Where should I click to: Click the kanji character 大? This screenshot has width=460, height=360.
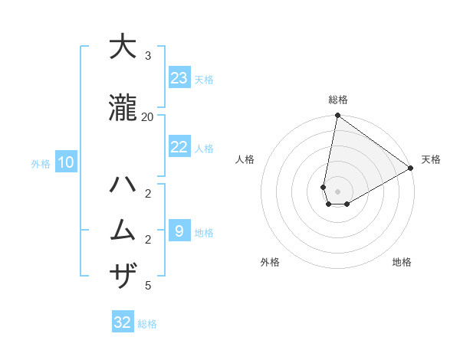[x=123, y=47]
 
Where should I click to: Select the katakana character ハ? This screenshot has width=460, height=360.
[x=123, y=185]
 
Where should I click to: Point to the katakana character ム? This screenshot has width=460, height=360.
[x=123, y=231]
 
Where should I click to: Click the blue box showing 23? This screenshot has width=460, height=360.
[x=179, y=78]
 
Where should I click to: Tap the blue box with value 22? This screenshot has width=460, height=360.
[x=179, y=147]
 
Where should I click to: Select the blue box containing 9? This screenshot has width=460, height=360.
[x=179, y=231]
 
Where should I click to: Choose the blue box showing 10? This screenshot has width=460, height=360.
[x=65, y=162]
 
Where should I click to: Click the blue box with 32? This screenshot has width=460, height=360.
[x=123, y=322]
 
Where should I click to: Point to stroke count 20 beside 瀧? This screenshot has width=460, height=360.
[x=147, y=116]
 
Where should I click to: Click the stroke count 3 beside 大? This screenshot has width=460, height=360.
[x=147, y=55]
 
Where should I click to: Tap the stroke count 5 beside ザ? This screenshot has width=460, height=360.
[x=147, y=286]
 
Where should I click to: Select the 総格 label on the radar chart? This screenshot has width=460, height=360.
[x=337, y=100]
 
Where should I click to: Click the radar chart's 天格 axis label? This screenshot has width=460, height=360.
[x=431, y=159]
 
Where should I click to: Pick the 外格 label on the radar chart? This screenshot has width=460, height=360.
[x=270, y=262]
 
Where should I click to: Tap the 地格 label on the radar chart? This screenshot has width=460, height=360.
[x=402, y=262]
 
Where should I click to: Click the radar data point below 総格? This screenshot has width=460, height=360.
[x=337, y=116]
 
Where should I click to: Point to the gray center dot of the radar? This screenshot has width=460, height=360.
[x=337, y=191]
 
